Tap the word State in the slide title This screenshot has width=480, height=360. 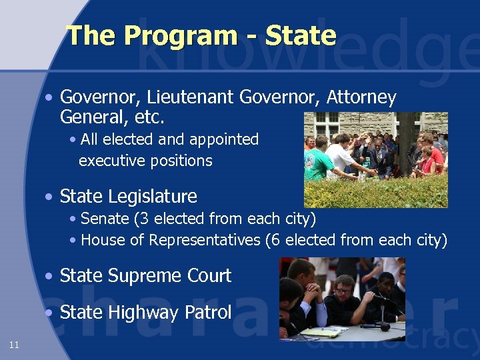[300, 36]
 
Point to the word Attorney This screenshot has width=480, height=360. [361, 98]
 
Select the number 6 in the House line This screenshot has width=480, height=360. [271, 240]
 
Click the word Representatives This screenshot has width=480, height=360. [205, 240]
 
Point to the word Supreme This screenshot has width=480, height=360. [147, 276]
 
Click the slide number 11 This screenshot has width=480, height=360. [14, 345]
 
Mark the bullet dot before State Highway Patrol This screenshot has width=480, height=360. [49, 313]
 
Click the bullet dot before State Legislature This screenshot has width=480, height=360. [49, 197]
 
